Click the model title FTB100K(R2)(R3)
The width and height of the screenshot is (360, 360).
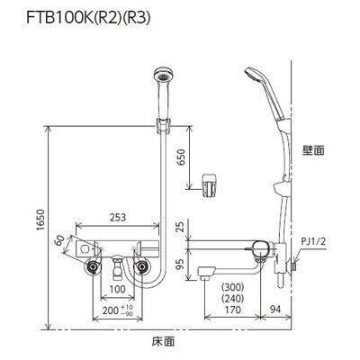coord(87,18)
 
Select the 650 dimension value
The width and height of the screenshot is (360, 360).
coord(181,157)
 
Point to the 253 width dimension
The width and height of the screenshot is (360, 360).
coord(117,217)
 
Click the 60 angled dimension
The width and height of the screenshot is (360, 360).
coord(59,240)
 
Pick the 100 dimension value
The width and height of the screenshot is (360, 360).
coord(117,289)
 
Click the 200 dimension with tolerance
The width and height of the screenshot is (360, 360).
coord(118,310)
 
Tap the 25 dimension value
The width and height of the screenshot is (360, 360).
coord(181,228)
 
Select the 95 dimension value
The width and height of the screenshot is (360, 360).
coord(181,265)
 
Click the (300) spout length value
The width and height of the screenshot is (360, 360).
coord(232,287)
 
